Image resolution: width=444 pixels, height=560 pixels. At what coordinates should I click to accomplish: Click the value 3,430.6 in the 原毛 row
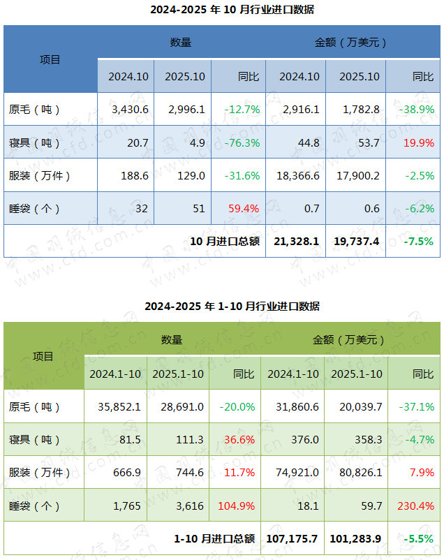pos(130,110)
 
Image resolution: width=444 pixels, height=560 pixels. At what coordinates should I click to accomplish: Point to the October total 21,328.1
pos(297,242)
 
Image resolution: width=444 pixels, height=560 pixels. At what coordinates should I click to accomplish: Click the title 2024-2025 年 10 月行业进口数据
pos(222,10)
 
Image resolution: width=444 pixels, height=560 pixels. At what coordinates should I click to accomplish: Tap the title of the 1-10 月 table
pos(222,307)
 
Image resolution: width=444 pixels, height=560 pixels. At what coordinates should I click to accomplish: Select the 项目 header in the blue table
pos(50,60)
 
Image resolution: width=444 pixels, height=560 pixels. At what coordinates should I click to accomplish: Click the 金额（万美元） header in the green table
pos(349,340)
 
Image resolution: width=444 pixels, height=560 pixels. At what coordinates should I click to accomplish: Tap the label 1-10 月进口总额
pos(214,539)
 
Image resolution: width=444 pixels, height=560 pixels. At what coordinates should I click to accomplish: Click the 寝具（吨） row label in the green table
pos(35,440)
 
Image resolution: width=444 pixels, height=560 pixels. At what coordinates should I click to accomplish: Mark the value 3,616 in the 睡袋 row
pos(188,506)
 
